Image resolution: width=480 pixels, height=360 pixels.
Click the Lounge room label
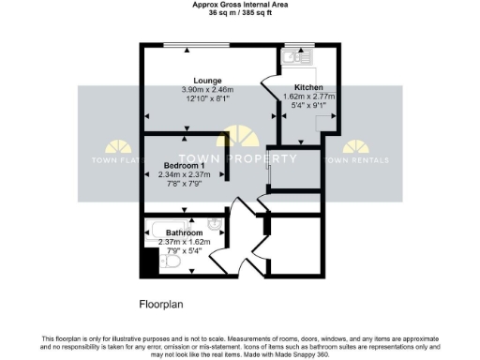tap(207, 80)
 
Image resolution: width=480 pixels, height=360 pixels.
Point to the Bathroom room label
tap(184, 232)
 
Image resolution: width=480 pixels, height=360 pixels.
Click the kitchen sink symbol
tap(293, 56)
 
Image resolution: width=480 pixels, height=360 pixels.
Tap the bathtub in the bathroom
tap(169, 226)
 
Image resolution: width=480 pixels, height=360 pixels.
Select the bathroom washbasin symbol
tap(215, 224)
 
